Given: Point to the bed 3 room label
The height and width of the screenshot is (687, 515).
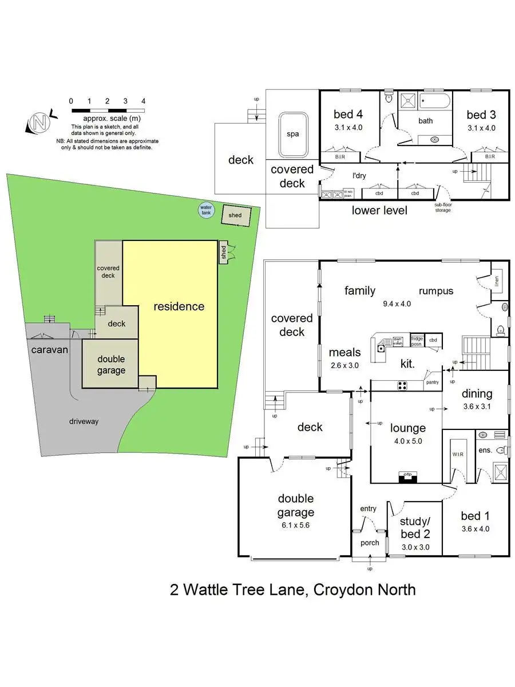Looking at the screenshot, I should tap(481, 114).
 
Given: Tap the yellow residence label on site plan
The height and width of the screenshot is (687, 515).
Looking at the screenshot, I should tap(179, 306).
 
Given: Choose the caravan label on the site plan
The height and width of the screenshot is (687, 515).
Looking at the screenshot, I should tap(50, 349).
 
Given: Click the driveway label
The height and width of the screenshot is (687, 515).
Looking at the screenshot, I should tap(84, 421).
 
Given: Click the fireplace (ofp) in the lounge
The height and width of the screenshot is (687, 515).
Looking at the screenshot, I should tap(408, 475).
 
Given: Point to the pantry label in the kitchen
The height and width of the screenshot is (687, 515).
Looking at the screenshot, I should tap(431, 381).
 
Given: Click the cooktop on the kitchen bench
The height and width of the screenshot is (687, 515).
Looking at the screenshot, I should tap(402, 385).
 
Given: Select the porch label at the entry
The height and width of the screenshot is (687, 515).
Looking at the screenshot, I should tap(370, 542).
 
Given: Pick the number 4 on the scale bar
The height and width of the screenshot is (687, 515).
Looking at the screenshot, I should tap(143, 101).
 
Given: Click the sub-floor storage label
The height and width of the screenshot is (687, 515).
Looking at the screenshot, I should tap(442, 207).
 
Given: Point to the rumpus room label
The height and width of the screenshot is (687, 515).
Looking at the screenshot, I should tap(436, 291).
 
